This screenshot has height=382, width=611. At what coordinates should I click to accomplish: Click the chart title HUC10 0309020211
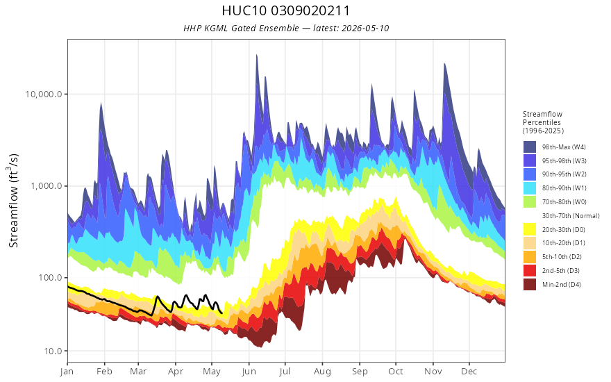pos(285,10)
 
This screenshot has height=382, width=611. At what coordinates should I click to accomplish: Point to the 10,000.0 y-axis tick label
pos(44,94)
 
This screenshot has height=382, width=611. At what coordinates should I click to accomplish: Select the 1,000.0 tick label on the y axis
pos(47,186)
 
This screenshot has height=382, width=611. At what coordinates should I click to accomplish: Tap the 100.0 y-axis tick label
pos(50,278)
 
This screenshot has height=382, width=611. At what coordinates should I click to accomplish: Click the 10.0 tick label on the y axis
pos(53,351)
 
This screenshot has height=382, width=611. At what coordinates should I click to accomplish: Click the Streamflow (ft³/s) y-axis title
pos(13,201)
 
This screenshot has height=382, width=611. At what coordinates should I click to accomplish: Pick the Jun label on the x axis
pos(249,372)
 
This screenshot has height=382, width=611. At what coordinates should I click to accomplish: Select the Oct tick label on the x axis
pos(396,372)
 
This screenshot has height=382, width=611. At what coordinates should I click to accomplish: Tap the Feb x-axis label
pos(104,372)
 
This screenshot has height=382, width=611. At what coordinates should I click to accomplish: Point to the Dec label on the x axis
pos(469,372)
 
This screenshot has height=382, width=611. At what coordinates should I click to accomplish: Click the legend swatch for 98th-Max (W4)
pos(530,147)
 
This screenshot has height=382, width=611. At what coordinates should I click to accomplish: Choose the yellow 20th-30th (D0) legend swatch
pos(530,230)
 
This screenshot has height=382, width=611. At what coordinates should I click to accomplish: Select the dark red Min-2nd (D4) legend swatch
pos(530,285)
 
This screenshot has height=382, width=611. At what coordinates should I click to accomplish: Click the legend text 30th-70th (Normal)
pos(571,215)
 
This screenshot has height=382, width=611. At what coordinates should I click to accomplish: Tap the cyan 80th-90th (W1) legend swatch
pos(530,188)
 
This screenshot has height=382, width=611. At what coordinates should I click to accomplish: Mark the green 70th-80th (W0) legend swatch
pos(530,202)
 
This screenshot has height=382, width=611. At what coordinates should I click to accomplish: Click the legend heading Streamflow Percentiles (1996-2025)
pos(543,122)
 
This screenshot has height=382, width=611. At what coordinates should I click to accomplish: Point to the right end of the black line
pos(221,313)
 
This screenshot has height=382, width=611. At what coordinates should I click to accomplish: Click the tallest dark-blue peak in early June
pos(257,55)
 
